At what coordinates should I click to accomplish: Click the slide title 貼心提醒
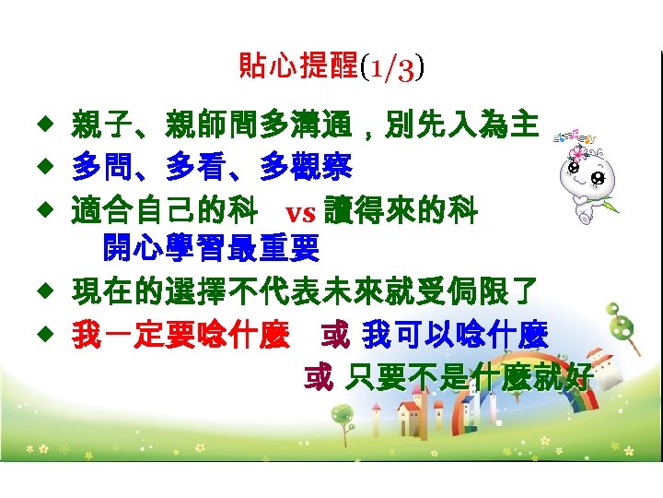pos(298,65)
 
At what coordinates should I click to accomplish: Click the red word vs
pos(301,213)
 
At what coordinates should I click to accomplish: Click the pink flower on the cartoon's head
pos(578,153)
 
